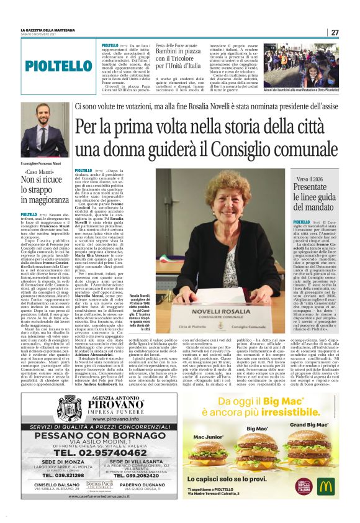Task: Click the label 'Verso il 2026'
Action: coord(315,179)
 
